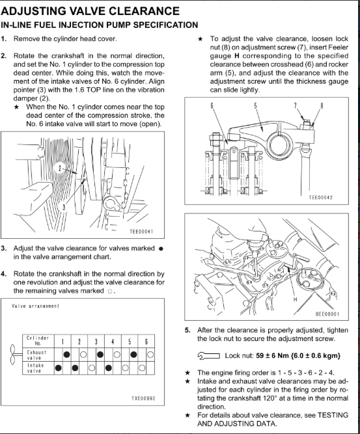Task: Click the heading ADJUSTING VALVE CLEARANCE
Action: tap(90, 11)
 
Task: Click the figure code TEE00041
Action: tap(141, 232)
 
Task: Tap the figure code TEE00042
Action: tap(320, 197)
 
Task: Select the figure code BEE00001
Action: tap(327, 314)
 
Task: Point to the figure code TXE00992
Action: tap(143, 398)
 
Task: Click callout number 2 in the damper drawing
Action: tap(60, 168)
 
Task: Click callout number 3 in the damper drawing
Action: tap(64, 207)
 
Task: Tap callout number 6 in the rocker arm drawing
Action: tap(212, 105)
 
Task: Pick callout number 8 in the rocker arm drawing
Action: tap(322, 105)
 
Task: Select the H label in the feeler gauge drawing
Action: tap(295, 299)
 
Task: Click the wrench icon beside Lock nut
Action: tap(209, 356)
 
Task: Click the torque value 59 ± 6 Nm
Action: tap(273, 356)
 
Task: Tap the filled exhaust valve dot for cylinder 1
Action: tap(67, 355)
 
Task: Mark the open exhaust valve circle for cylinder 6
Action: tap(150, 355)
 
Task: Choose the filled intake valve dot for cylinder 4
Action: tap(109, 368)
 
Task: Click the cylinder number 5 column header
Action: tap(130, 341)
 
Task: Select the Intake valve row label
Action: tap(34, 368)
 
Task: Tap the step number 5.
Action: tap(187, 330)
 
